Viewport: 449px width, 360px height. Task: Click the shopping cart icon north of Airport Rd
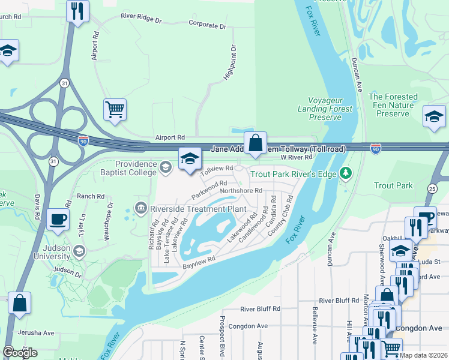click(115, 110)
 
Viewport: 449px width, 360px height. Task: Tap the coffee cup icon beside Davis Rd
click(58, 220)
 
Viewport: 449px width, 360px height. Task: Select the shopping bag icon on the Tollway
click(255, 143)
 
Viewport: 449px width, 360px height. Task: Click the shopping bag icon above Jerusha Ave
click(19, 303)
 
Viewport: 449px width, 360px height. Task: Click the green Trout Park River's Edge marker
click(345, 174)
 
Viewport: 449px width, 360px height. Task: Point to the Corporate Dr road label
click(207, 26)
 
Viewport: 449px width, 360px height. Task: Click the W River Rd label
click(297, 157)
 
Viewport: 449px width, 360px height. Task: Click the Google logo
click(20, 353)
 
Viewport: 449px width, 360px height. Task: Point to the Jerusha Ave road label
click(37, 333)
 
